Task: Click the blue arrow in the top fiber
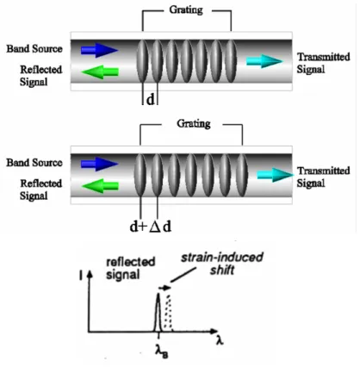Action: (x=99, y=50)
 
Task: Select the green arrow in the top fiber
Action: (x=100, y=72)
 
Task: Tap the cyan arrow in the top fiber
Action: (x=264, y=61)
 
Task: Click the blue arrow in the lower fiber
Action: (x=99, y=164)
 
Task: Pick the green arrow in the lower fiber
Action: (x=100, y=186)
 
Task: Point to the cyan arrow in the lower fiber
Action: (x=276, y=175)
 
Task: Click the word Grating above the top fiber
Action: (x=186, y=9)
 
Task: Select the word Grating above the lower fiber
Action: (x=194, y=123)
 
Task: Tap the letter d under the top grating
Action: (x=151, y=100)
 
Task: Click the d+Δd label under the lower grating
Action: (x=151, y=227)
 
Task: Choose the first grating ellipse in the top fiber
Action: (x=142, y=61)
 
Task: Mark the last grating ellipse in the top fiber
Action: (x=231, y=61)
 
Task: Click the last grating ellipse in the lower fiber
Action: (x=242, y=175)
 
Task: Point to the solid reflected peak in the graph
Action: (x=158, y=313)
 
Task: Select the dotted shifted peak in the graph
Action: (x=168, y=313)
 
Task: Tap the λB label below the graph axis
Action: (x=162, y=351)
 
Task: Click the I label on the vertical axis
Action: (x=81, y=276)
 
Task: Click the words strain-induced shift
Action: (x=222, y=264)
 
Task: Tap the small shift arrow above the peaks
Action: (x=164, y=287)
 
